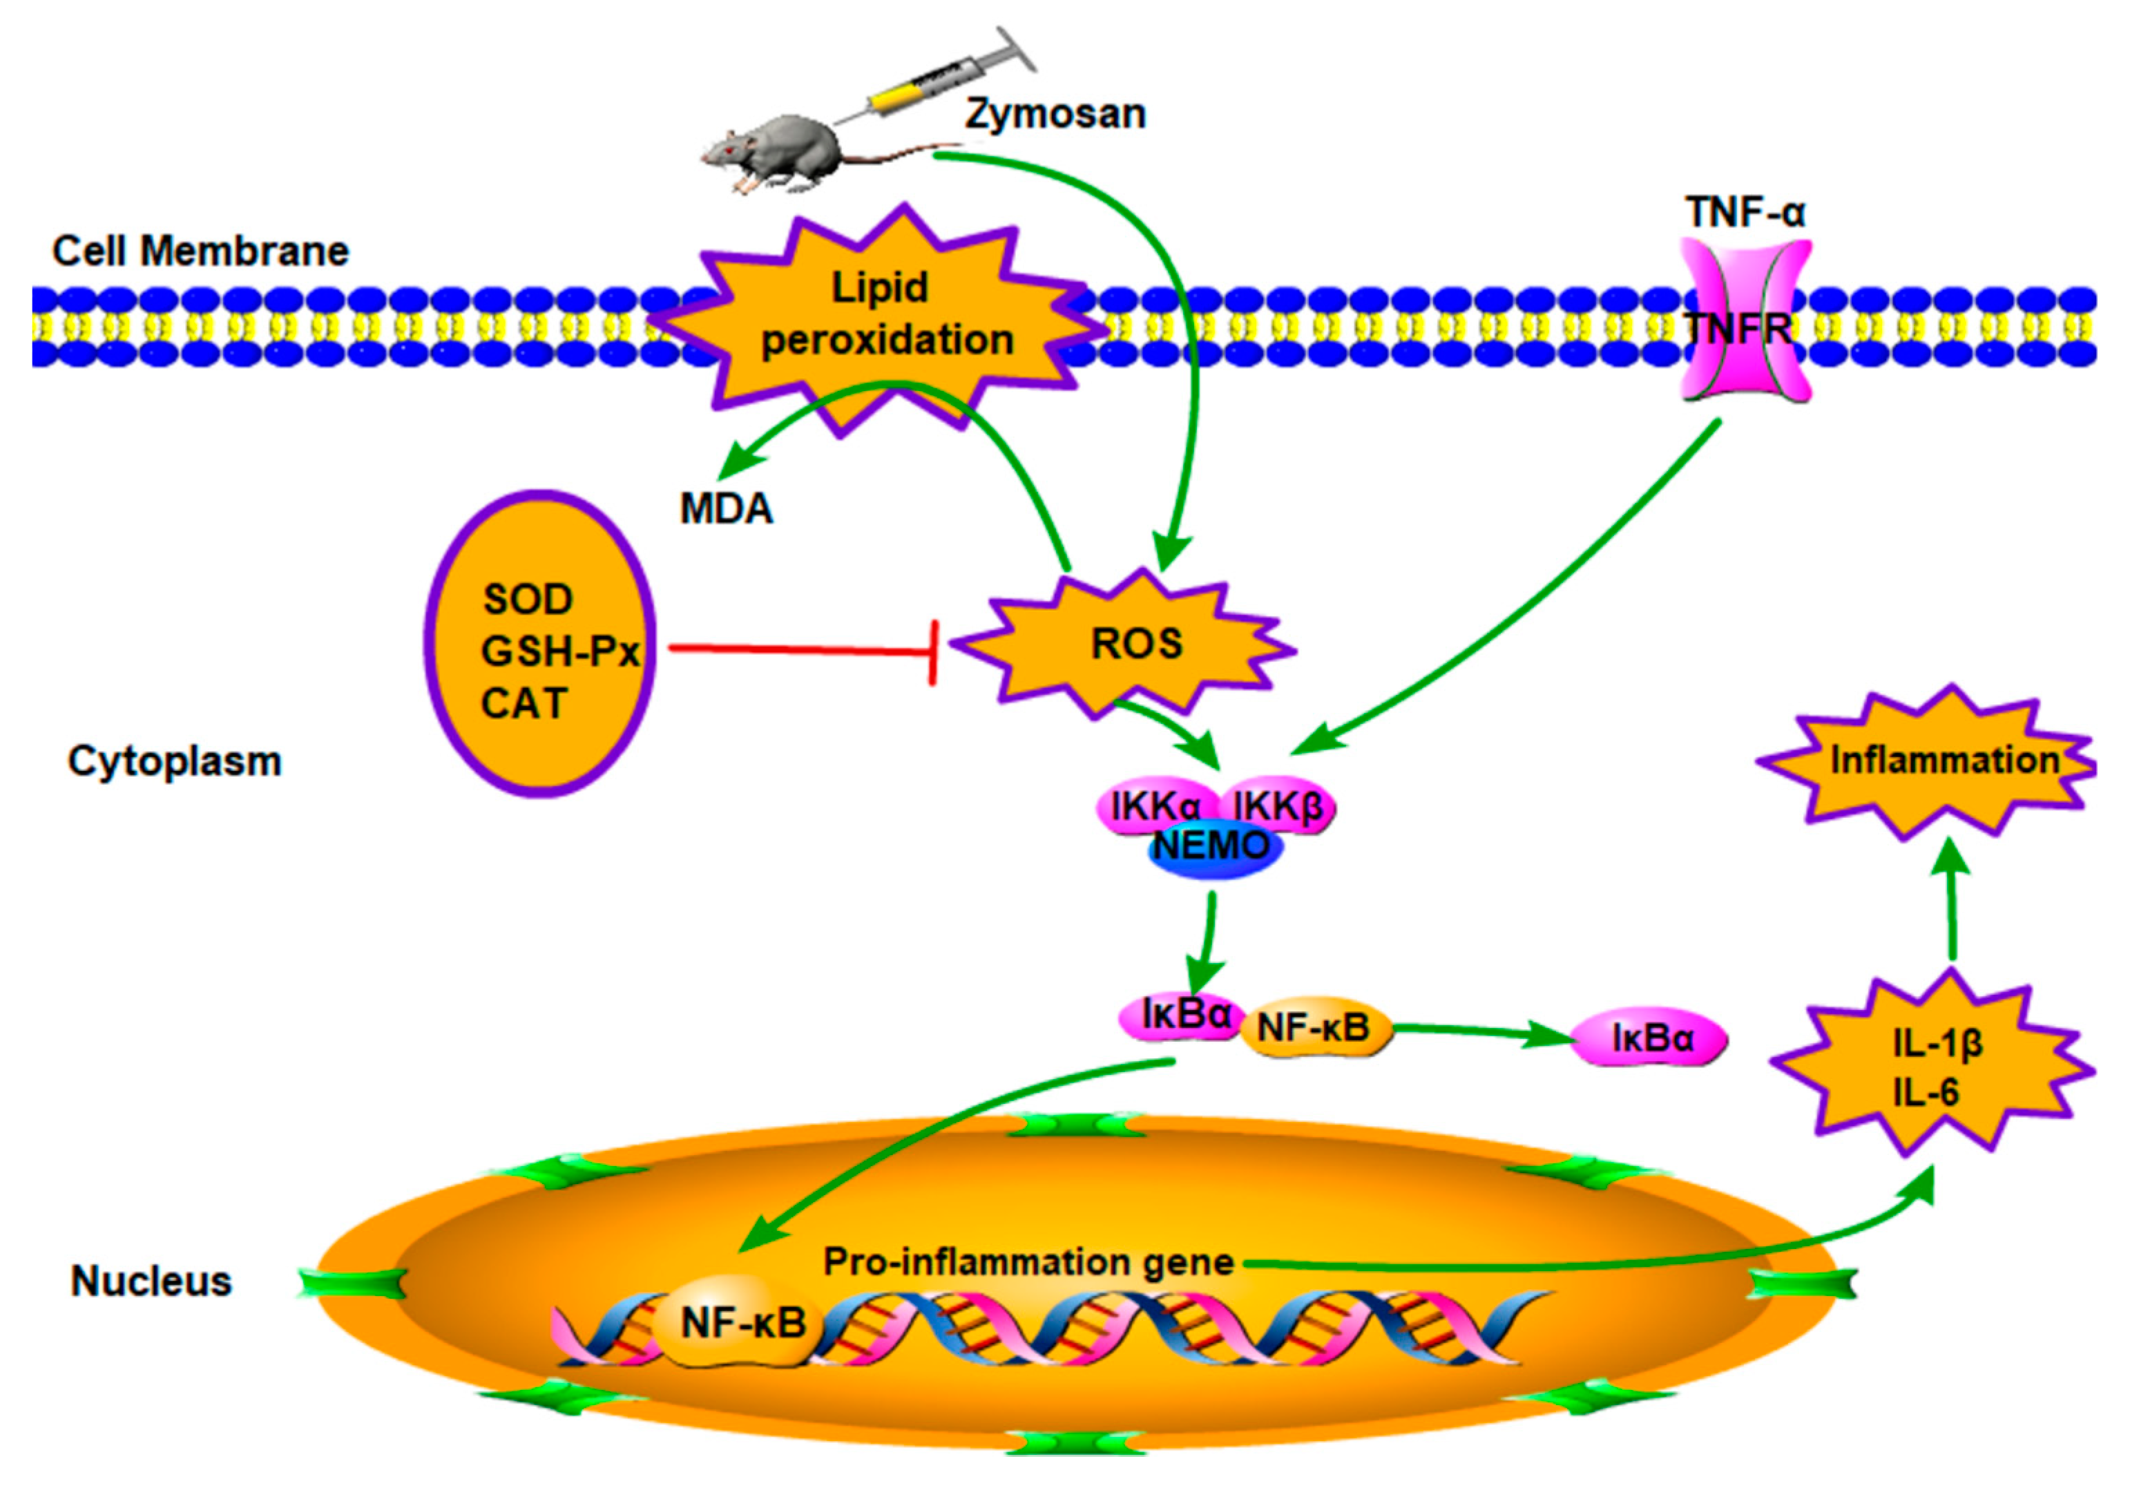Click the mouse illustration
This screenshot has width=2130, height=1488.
click(x=779, y=153)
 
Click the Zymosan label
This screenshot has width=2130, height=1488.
click(x=1055, y=114)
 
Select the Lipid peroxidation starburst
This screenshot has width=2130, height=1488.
click(x=881, y=316)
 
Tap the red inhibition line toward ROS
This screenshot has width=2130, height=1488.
click(x=798, y=649)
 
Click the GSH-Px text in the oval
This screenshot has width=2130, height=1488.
click(x=559, y=652)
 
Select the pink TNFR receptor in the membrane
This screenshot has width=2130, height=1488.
click(x=1746, y=320)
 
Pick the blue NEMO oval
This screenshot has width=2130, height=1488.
click(x=1214, y=848)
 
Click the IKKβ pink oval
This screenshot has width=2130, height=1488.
click(x=1280, y=805)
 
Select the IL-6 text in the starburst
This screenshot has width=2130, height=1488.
click(x=1925, y=1093)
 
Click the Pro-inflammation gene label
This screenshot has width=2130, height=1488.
click(x=1028, y=1261)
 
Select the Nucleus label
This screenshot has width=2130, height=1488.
click(x=151, y=1281)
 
